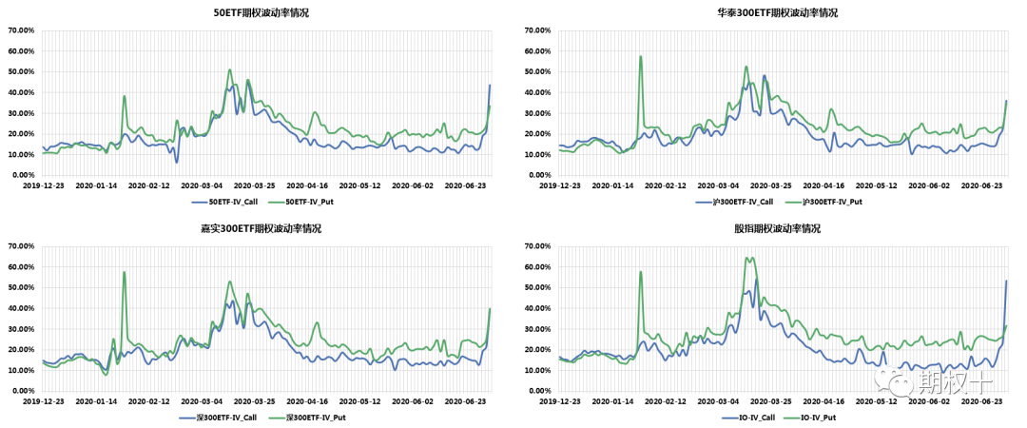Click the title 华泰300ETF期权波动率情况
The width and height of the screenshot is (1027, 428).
pos(769,13)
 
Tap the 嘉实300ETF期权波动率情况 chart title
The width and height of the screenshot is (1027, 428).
pos(261,229)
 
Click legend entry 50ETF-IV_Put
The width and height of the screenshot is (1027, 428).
pos(306,203)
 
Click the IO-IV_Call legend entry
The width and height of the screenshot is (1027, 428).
pos(752,418)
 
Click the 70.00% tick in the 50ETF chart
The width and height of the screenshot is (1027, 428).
pos(21,30)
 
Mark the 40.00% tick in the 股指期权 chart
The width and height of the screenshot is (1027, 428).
pos(536,308)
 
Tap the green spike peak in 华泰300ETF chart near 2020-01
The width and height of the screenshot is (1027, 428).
pos(641,56)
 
